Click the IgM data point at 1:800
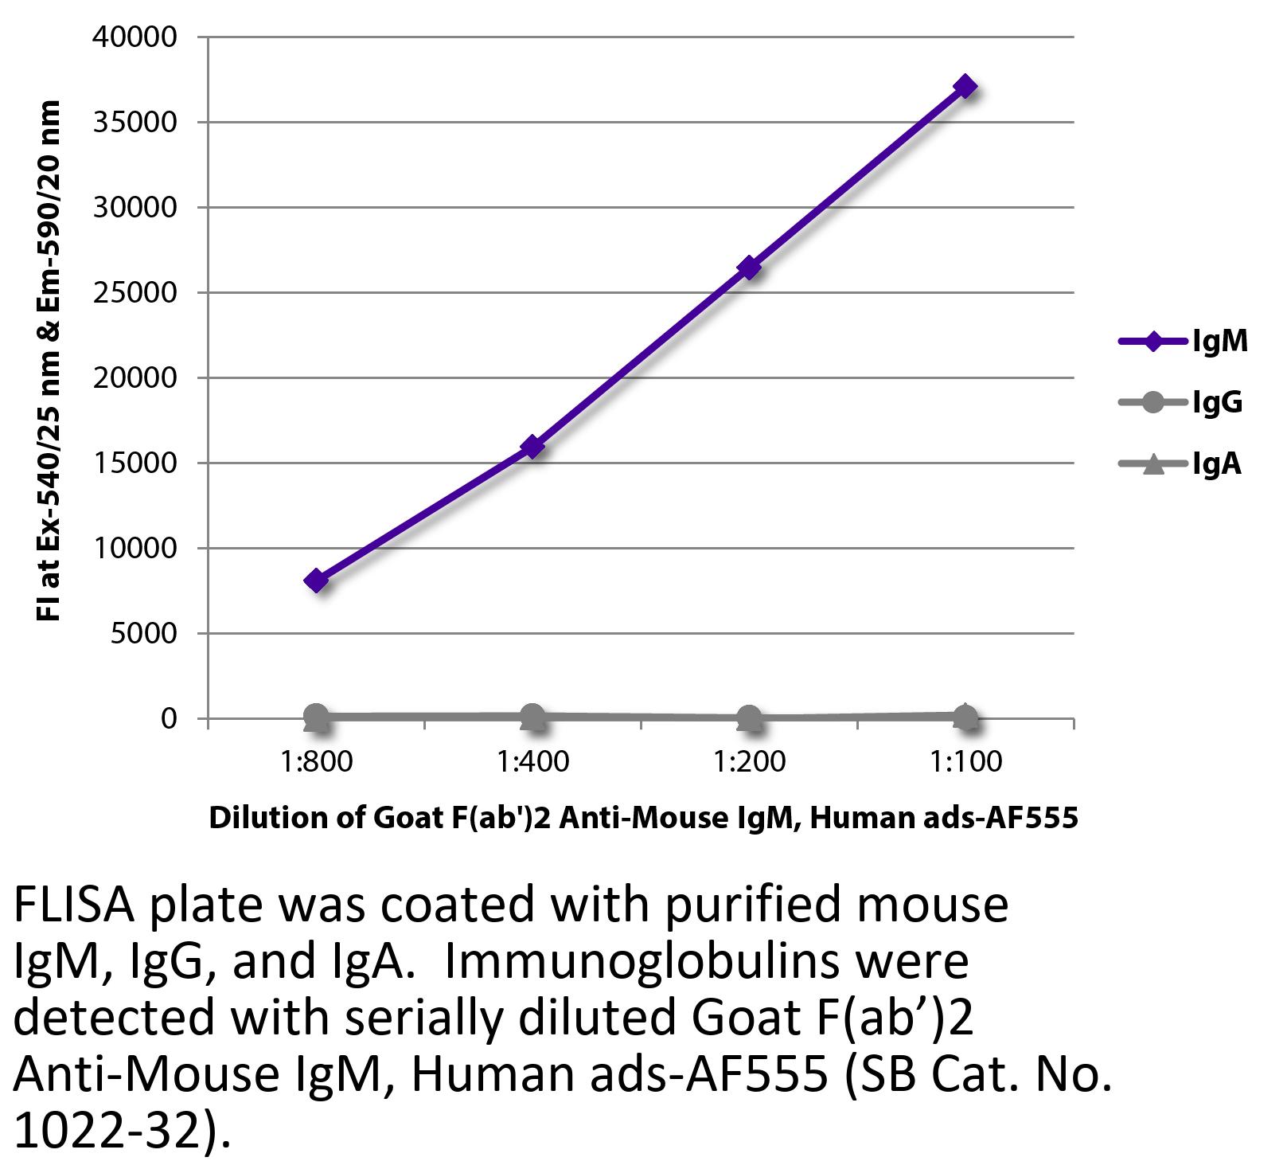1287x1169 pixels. (316, 581)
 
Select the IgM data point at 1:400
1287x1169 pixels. (532, 447)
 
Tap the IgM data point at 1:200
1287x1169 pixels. (749, 268)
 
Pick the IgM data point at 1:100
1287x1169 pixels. (965, 86)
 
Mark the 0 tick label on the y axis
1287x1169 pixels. (168, 719)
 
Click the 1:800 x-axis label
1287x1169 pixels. (316, 762)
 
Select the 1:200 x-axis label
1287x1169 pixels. (749, 762)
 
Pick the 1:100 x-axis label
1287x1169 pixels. (965, 762)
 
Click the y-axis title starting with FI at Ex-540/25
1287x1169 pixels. (49, 361)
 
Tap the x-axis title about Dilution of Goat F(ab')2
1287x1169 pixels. (643, 818)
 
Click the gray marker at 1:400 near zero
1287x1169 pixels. (532, 717)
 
